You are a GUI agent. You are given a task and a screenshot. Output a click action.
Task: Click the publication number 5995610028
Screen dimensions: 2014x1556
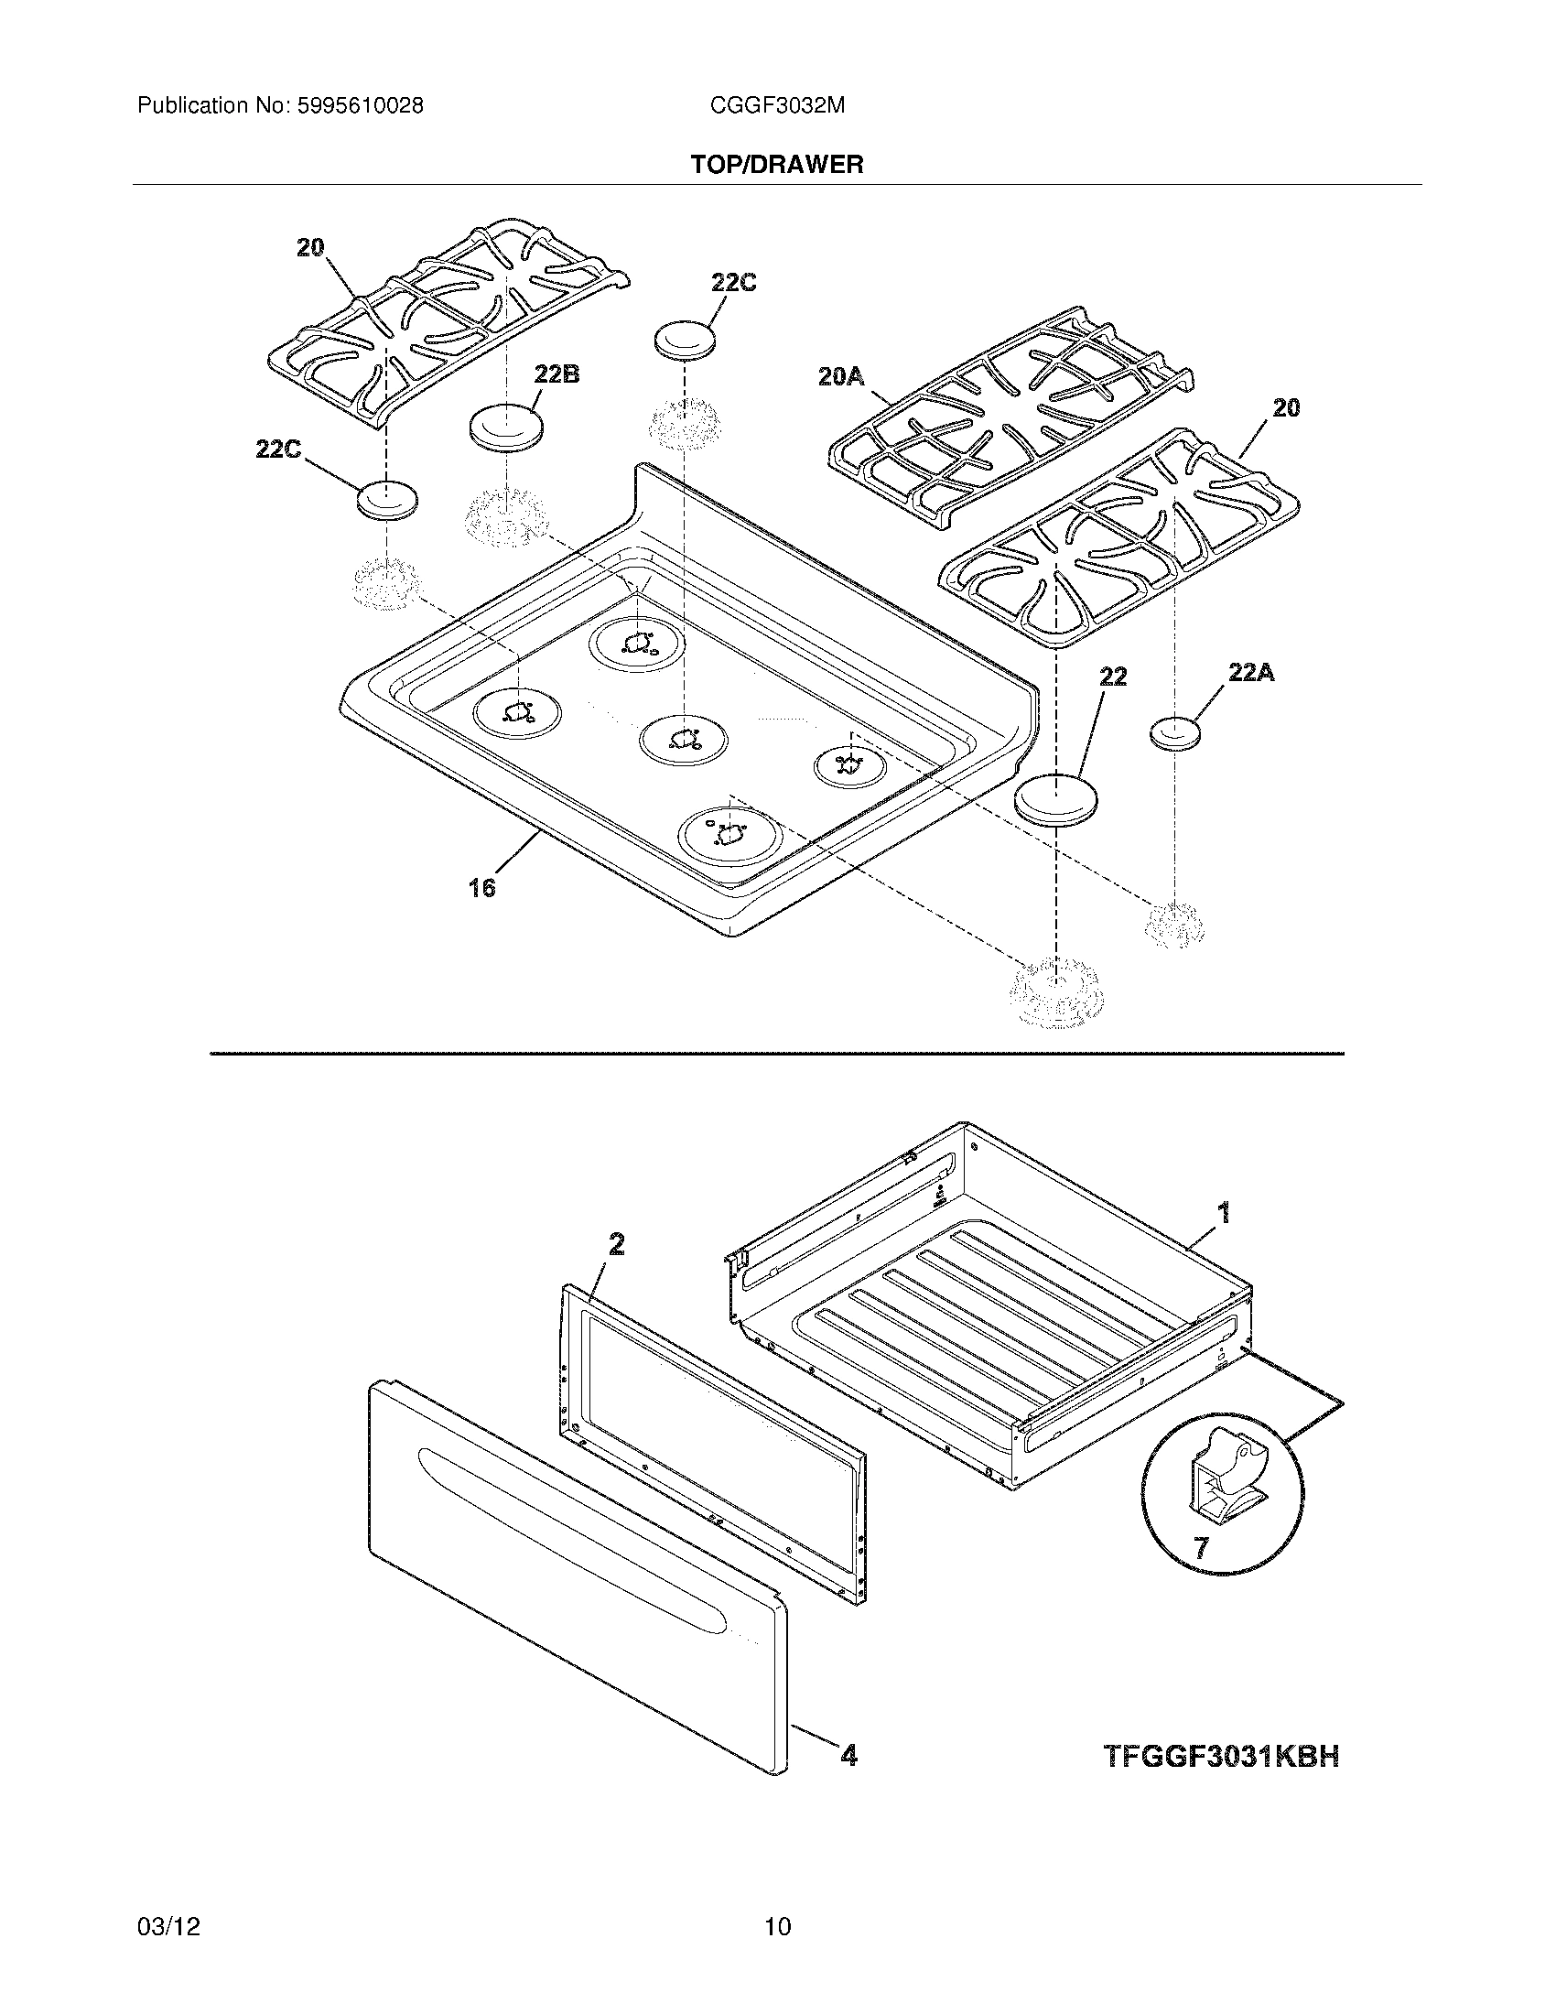[360, 106]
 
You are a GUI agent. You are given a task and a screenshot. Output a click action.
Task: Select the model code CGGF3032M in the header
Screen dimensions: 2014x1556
[777, 106]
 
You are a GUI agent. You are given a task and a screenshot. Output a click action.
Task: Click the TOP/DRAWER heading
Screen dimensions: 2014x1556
[777, 165]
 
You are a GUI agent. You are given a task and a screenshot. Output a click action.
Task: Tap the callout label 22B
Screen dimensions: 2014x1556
[556, 374]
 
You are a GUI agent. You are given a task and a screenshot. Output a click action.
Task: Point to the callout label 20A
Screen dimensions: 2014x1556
[840, 376]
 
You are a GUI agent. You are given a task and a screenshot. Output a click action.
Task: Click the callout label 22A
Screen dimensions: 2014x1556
[1251, 673]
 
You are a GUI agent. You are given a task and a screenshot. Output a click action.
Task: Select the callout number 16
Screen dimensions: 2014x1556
[481, 887]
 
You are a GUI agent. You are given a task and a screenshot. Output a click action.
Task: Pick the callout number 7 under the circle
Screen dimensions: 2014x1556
[1200, 1547]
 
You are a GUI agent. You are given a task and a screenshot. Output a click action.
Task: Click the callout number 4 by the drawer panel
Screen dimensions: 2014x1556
[848, 1756]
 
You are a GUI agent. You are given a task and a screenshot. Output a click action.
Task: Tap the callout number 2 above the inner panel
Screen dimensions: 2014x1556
[617, 1245]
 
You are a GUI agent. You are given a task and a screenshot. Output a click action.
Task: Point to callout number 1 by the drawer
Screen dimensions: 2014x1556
[1224, 1213]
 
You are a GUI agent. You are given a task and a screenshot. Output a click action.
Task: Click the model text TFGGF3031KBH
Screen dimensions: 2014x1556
[1220, 1757]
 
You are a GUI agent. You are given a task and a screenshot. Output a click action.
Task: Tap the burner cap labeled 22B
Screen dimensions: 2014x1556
[505, 428]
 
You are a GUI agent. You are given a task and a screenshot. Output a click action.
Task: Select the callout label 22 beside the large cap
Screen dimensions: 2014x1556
[1113, 677]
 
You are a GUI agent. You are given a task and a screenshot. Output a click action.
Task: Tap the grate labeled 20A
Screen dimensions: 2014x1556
[1010, 419]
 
